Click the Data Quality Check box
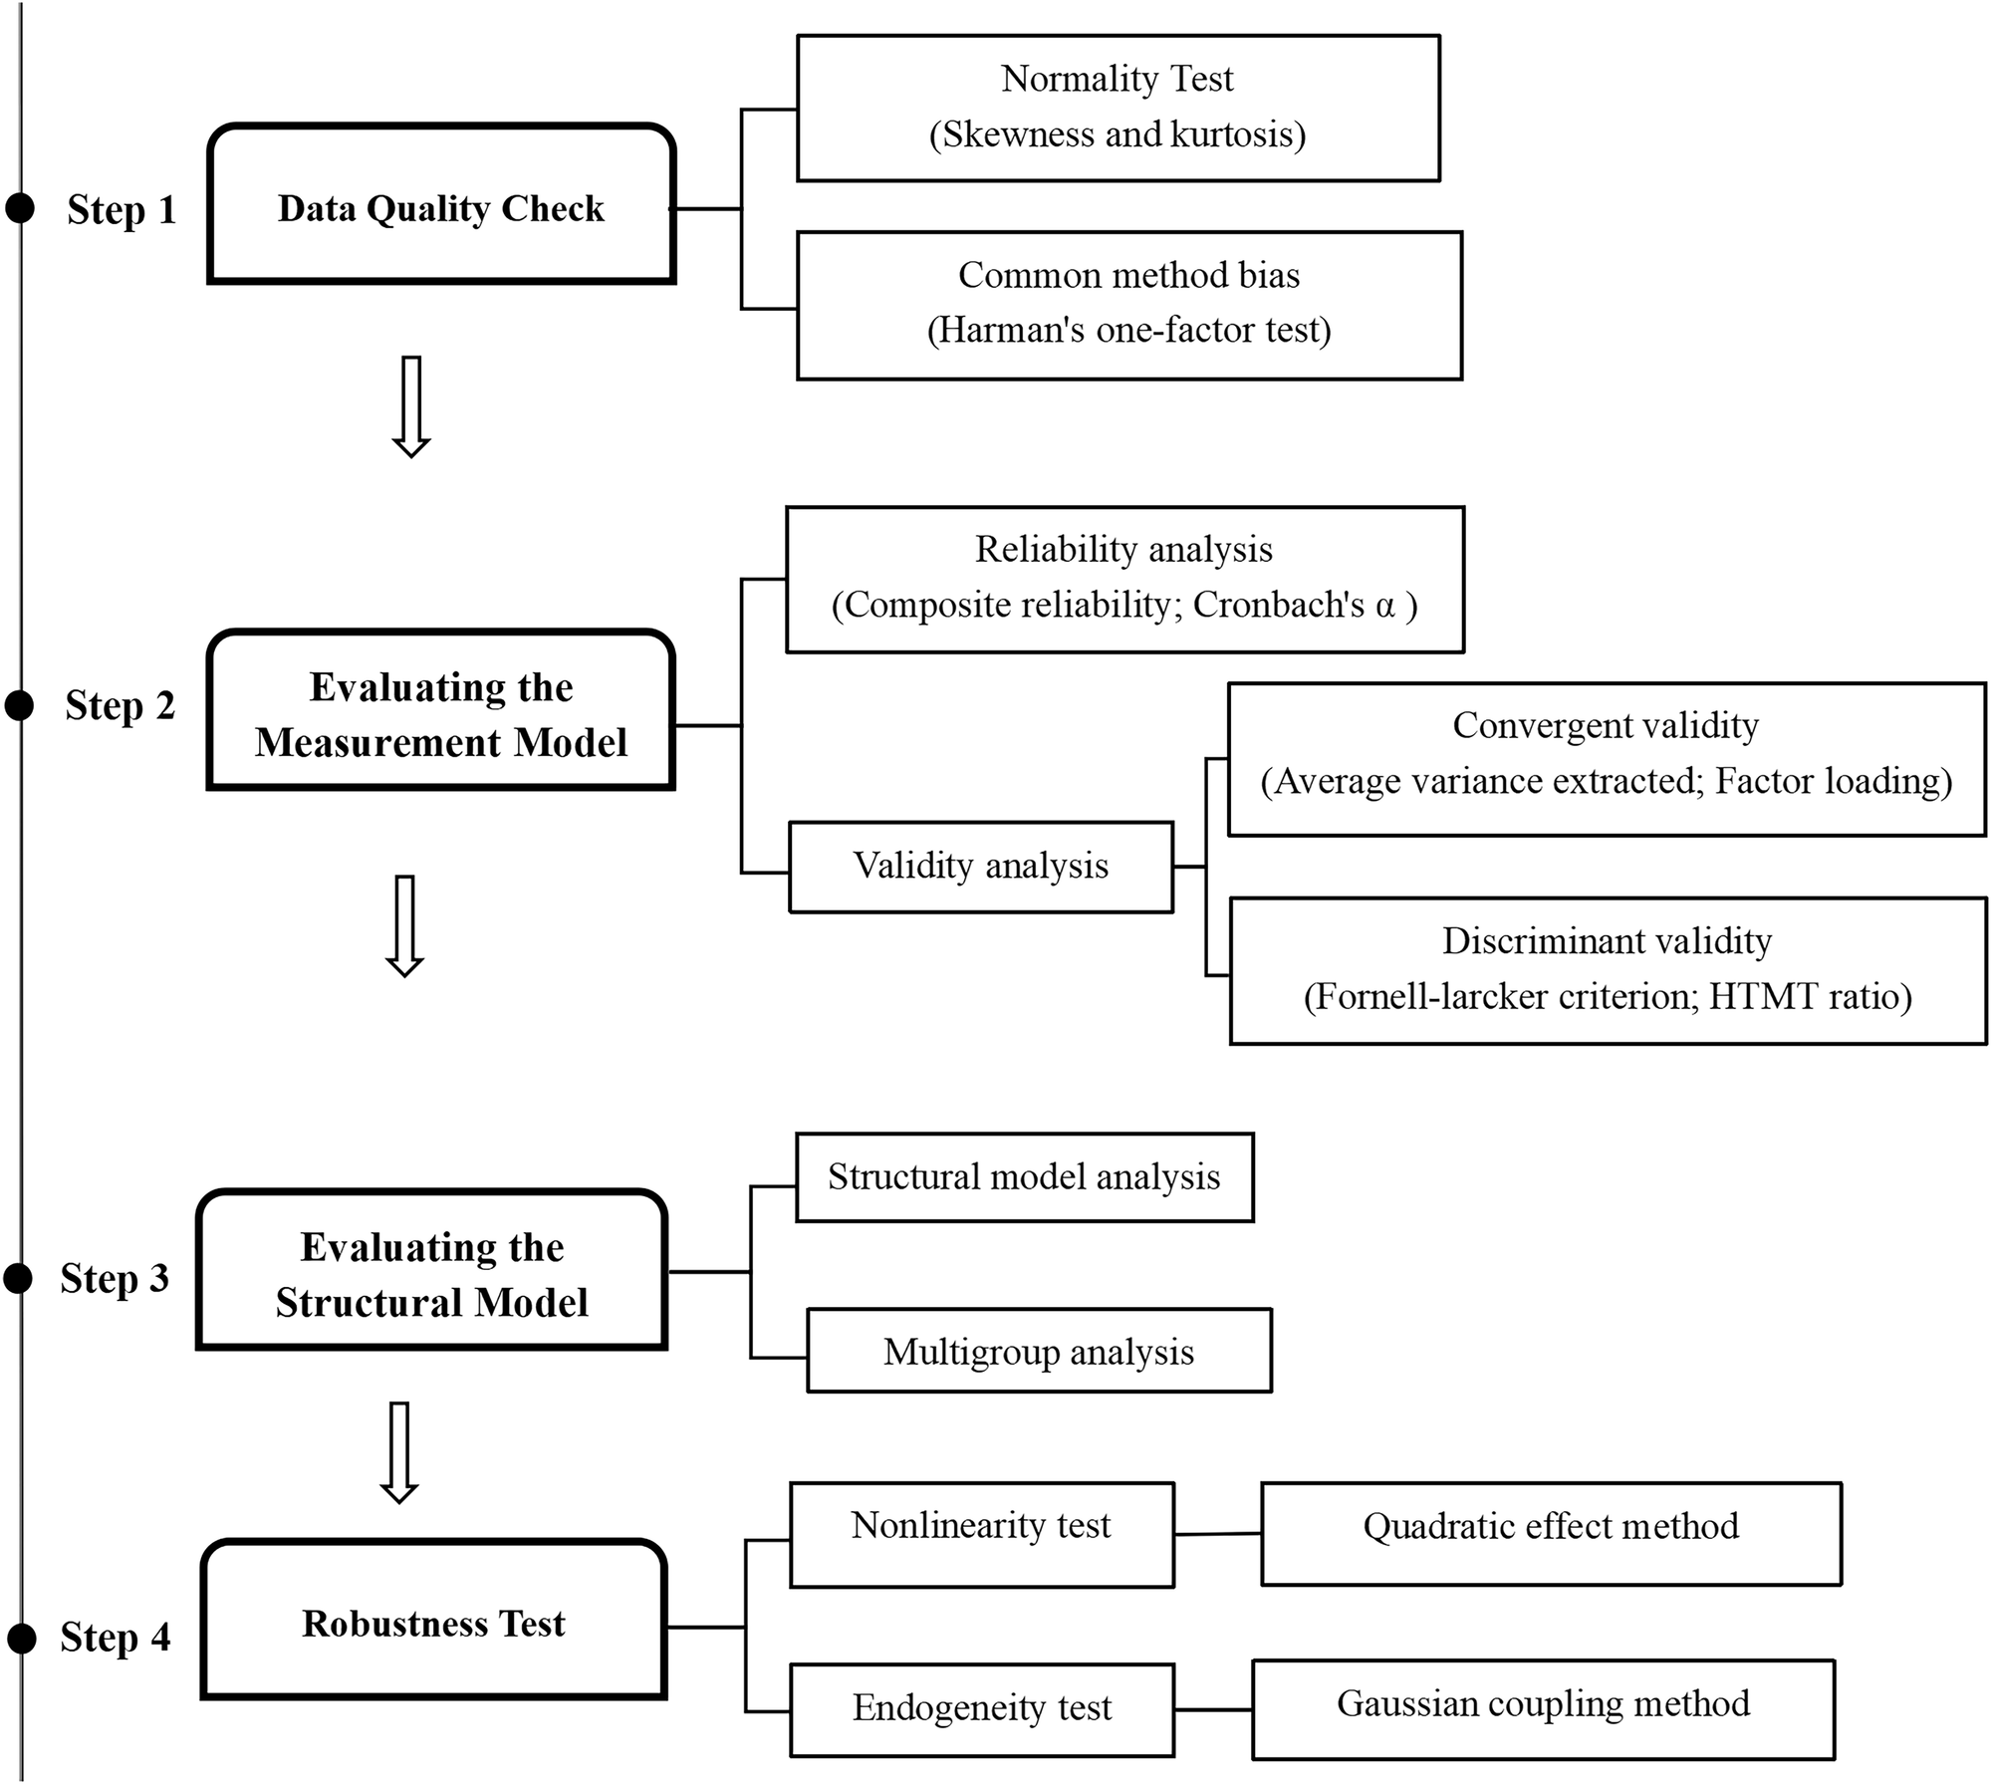(x=441, y=205)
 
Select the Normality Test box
(x=1118, y=108)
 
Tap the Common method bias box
(x=1128, y=305)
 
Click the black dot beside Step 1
(x=20, y=209)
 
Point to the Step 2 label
(x=120, y=705)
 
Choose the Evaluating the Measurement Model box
(x=441, y=711)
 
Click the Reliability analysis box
(x=1124, y=579)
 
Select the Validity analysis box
(x=981, y=866)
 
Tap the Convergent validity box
(x=1606, y=758)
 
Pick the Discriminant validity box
(x=1608, y=970)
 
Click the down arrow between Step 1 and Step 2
(x=411, y=406)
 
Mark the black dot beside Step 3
(x=19, y=1278)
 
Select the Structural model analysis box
(x=1024, y=1176)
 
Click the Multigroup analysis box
(x=1039, y=1351)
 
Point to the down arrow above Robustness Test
(x=399, y=1451)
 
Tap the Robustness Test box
(x=433, y=1624)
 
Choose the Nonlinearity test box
(x=981, y=1534)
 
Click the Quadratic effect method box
(x=1551, y=1534)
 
